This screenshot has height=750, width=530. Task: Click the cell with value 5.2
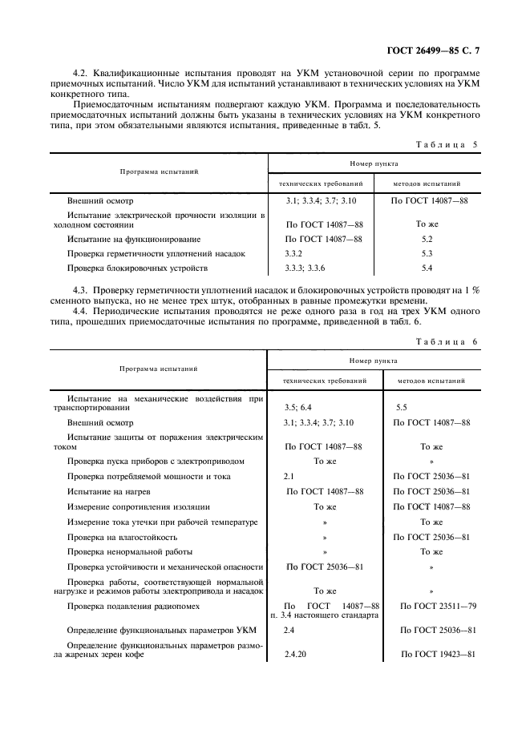click(427, 239)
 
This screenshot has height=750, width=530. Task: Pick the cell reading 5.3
click(427, 253)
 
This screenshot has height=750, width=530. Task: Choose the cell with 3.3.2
click(295, 253)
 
